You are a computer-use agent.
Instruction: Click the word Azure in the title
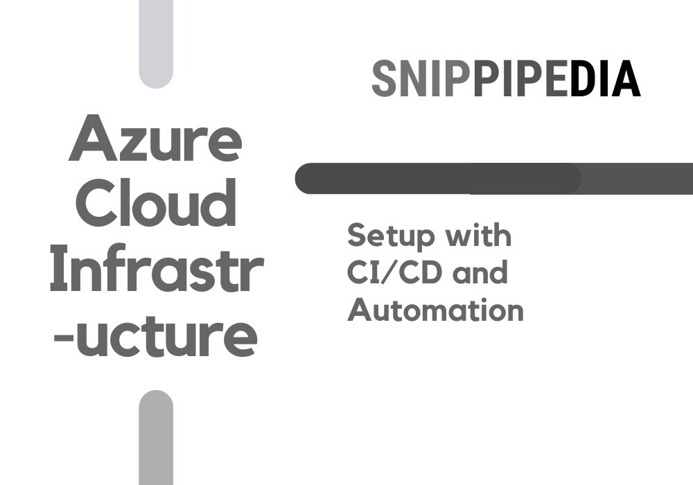[x=155, y=139]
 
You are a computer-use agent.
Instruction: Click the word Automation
[x=435, y=310]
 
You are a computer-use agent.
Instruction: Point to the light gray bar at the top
[x=156, y=42]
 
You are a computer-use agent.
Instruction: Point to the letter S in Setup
[x=356, y=236]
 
